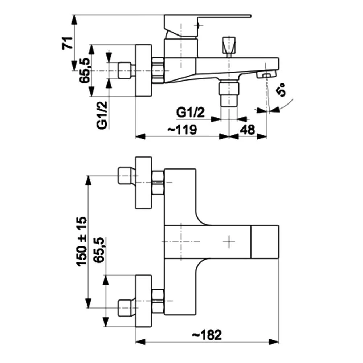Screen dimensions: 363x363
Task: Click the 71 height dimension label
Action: [x=68, y=43]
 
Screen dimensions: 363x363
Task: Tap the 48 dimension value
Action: [x=247, y=130]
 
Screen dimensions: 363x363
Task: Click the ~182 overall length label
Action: [x=207, y=335]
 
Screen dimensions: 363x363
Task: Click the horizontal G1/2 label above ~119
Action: [x=191, y=113]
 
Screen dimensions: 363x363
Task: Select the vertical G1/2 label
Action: [x=102, y=115]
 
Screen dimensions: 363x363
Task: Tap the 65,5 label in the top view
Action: [x=85, y=71]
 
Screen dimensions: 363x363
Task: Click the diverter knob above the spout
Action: [x=229, y=47]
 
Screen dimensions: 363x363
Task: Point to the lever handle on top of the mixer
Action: [x=207, y=25]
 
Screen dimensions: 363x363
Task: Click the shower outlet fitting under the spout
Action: [x=229, y=93]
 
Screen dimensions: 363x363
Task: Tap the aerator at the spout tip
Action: [x=267, y=75]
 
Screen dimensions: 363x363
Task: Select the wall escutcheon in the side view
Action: [x=143, y=70]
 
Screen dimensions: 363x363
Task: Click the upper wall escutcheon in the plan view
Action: [x=143, y=183]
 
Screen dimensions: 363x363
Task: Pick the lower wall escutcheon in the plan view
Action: [x=143, y=301]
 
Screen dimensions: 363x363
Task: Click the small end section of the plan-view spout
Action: [x=265, y=241]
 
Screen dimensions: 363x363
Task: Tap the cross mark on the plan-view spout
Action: [x=229, y=241]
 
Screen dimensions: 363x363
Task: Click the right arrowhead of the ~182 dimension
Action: [x=273, y=342]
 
